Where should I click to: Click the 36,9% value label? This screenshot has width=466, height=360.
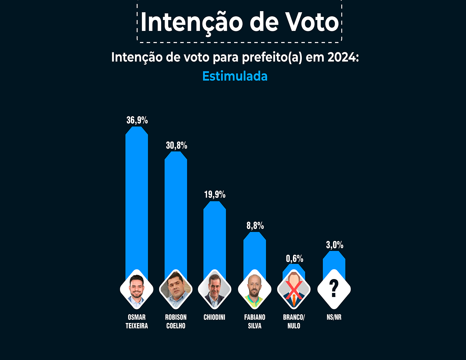pos(137,120)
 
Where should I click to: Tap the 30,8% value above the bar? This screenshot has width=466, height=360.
pos(176,145)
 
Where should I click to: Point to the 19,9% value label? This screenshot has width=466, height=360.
pos(215,194)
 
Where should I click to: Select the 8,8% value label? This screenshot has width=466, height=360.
pos(255,225)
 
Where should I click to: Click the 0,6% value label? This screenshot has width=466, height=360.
pos(295,259)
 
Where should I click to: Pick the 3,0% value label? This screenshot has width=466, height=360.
pos(335,245)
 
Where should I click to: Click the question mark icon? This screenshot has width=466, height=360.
pos(334,289)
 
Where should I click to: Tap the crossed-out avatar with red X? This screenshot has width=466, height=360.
pos(294,289)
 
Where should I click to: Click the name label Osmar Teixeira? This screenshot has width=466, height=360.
pos(137,321)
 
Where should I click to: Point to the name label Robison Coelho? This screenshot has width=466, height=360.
pos(176,321)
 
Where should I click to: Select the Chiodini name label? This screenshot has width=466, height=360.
pos(214,317)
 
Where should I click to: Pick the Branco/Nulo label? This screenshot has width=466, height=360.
pos(294,321)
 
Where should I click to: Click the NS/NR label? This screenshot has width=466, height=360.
pos(334,317)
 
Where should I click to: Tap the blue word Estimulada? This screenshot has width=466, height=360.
pos(235,76)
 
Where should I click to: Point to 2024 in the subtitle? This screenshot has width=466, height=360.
pos(342,57)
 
